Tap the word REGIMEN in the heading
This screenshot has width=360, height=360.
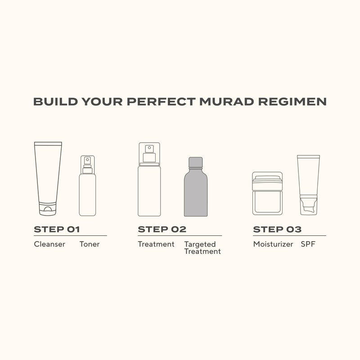[x=292, y=102]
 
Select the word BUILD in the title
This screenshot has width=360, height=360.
[x=55, y=102]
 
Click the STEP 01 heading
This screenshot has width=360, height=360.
[x=57, y=229]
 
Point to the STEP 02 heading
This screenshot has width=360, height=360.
[x=162, y=229]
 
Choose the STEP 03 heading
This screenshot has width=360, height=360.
[x=277, y=229]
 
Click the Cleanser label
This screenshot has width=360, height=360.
[x=49, y=244]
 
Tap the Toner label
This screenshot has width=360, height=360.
[x=90, y=244]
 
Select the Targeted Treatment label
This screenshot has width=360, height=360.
[x=202, y=248]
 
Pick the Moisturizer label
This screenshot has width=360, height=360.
[x=273, y=244]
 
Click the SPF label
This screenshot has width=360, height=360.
[x=308, y=244]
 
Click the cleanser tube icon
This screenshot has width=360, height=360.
[x=48, y=179]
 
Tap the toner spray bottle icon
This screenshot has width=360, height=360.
[x=87, y=185]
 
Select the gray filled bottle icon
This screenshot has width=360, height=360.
[x=196, y=187]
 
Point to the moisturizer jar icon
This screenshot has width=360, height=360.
[x=267, y=193]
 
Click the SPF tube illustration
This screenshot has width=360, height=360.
[x=309, y=185]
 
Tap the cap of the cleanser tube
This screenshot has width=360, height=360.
[x=48, y=209]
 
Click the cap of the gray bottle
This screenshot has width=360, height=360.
[x=196, y=162]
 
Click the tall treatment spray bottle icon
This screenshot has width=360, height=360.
[x=149, y=179]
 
